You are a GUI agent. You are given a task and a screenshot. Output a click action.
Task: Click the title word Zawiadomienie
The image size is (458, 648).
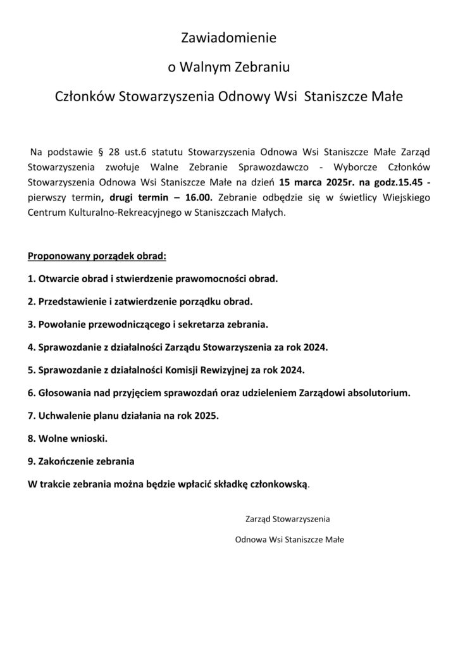tap(229, 39)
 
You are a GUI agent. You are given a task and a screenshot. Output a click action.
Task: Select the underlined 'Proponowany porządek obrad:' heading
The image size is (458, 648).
tap(97, 258)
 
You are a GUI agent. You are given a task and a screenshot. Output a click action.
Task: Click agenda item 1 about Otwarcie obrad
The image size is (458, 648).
tap(153, 278)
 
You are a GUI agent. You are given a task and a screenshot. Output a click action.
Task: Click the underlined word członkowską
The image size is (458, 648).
tap(279, 485)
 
